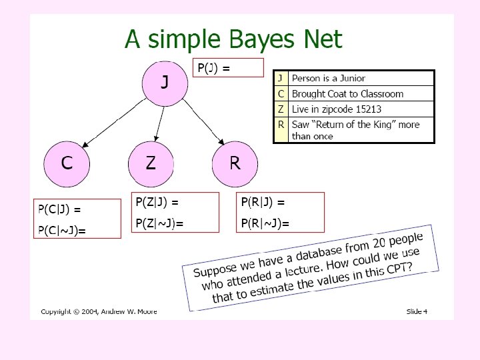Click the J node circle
[165, 83]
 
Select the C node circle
[67, 163]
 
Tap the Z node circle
[151, 163]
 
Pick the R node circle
[235, 163]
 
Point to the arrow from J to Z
[158, 124]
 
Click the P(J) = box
[228, 67]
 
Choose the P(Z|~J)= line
[159, 223]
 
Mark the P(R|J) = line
[263, 202]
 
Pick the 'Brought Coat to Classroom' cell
[347, 94]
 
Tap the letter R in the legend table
[281, 124]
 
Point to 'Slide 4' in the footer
[417, 311]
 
